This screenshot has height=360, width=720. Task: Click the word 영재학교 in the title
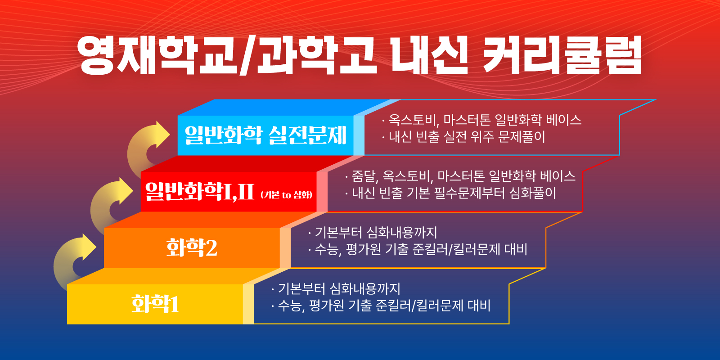[157, 55]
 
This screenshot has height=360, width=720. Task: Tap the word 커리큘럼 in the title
[562, 55]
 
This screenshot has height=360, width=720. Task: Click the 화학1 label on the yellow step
[155, 304]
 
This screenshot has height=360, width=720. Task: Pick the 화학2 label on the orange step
[192, 248]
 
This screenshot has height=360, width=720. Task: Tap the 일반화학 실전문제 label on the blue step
[265, 135]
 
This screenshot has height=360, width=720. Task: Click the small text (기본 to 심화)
[286, 195]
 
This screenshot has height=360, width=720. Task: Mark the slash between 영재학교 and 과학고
[248, 56]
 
